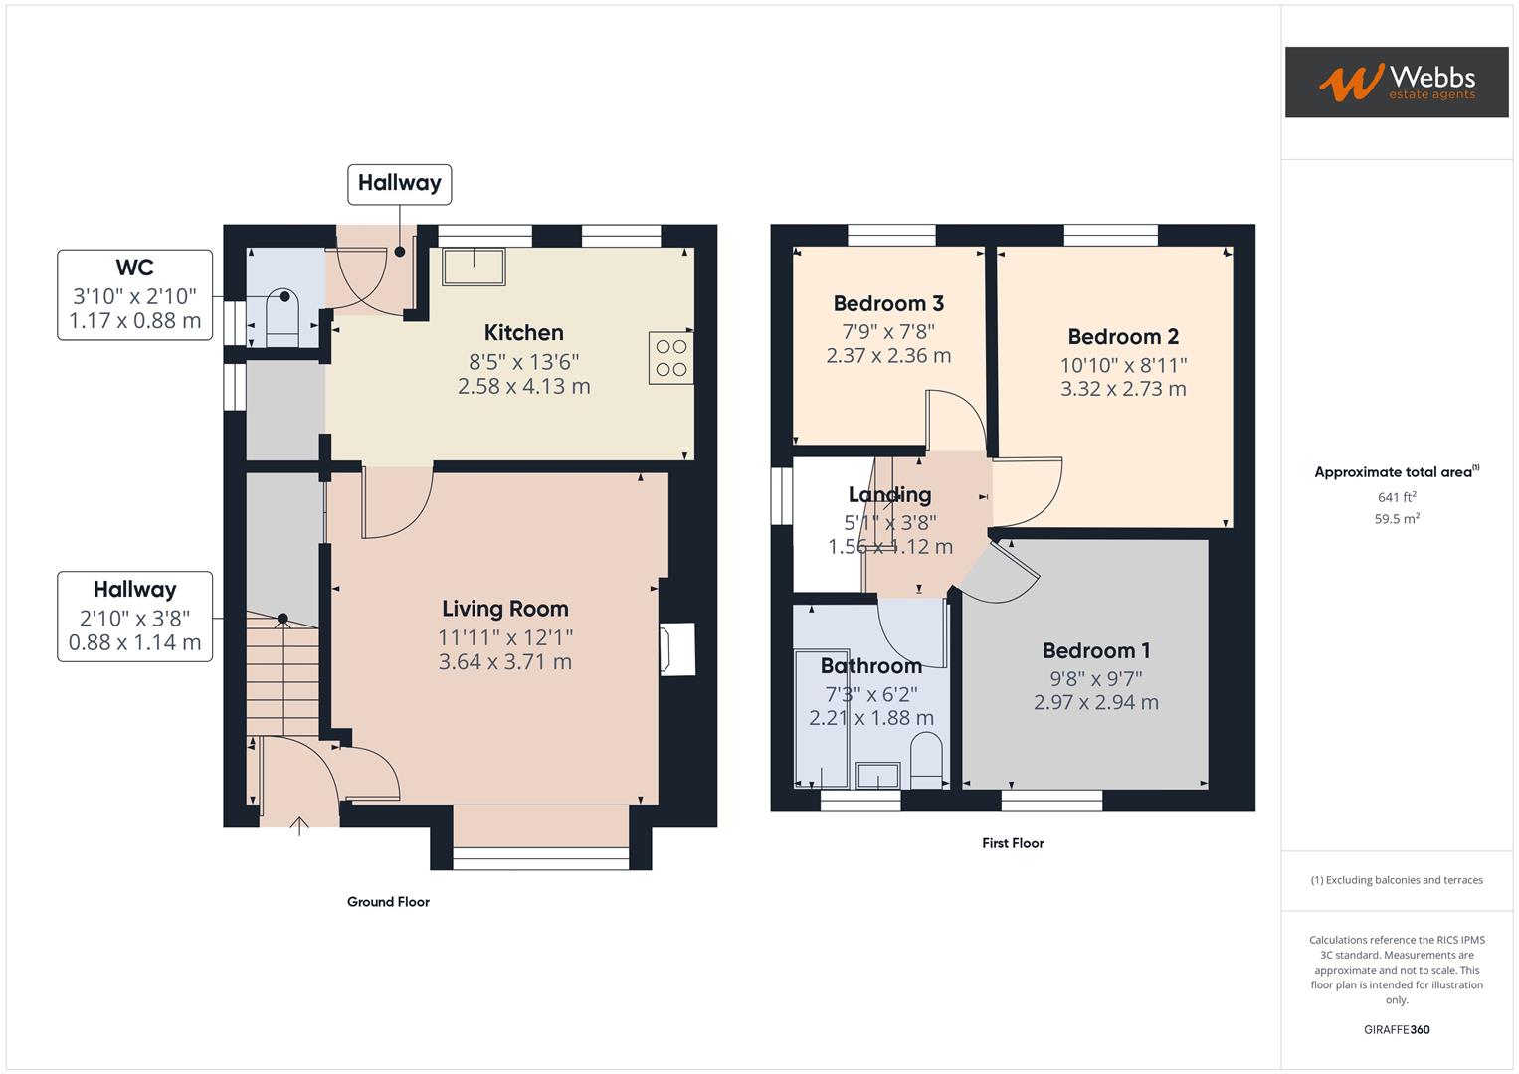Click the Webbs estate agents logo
coord(1396,83)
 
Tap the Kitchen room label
coord(523,333)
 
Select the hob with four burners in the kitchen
coord(671,358)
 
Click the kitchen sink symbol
coord(474,267)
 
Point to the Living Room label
coord(504,609)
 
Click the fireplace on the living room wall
coord(677,649)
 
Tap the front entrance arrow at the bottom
coord(299,825)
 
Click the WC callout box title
coord(134,268)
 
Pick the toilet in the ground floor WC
coord(284,316)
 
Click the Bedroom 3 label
coord(888,304)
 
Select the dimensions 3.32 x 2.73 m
coord(1123,389)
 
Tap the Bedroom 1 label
coord(1095,651)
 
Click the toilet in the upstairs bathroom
coord(927,760)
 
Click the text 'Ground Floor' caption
coord(388,902)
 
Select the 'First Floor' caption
coord(1013,843)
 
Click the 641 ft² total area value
coord(1397,497)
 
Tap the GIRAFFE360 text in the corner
coord(1397,1029)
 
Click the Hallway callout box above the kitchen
coord(399,183)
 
